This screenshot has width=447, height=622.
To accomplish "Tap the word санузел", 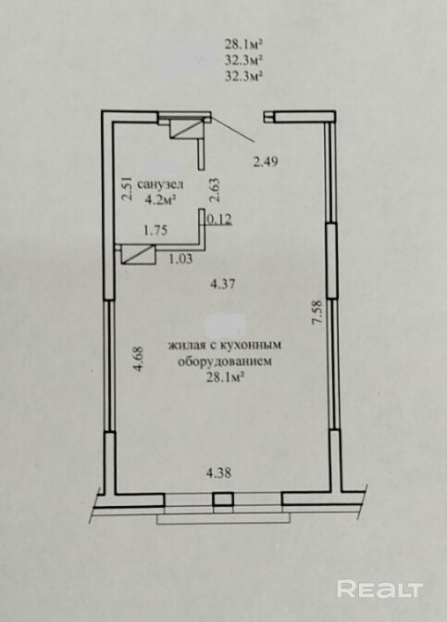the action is (160, 184).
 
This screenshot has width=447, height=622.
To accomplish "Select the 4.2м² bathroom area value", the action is (160, 199).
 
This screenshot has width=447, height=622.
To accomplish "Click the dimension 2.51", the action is (127, 189).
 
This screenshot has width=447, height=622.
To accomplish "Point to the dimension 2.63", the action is (215, 190).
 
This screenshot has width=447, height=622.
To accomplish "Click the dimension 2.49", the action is (266, 161).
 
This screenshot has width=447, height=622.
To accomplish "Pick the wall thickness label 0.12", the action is (219, 219).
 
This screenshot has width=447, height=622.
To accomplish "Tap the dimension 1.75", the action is (155, 231).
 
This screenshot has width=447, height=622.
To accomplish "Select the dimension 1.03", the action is (180, 259).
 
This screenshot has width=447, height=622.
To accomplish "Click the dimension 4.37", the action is (223, 284).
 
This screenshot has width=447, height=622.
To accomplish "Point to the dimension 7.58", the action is (317, 313).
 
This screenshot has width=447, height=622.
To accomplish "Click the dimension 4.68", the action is (139, 360).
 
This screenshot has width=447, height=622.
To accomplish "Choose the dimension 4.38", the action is (218, 473).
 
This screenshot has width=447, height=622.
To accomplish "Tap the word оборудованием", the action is (225, 362).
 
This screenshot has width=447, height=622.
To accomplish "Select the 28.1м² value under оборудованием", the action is (225, 378).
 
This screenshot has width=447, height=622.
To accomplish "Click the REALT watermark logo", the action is (380, 589).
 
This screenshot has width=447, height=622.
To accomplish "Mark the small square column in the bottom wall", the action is (223, 500).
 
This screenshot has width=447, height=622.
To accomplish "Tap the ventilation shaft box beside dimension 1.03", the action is (137, 255).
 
